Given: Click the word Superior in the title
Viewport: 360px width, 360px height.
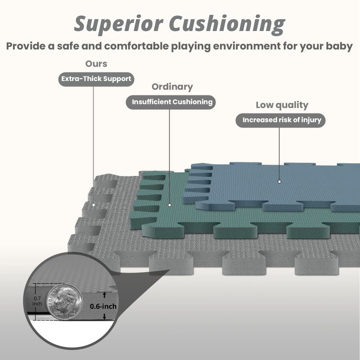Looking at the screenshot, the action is pos(118,24).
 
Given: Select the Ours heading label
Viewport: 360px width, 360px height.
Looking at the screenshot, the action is pos(96,63).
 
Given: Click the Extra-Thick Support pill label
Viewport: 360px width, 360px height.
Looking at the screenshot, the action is pos(96,79).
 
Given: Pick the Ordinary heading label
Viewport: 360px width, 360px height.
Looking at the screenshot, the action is pos(172,87).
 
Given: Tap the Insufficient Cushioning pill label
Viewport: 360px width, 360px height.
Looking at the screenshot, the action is pos(171,102).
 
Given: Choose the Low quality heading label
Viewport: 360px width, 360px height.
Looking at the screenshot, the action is pos(282,105).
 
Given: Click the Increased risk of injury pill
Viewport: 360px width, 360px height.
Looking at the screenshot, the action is pos(280,120).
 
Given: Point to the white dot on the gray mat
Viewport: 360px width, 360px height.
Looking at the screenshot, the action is pos(94,205).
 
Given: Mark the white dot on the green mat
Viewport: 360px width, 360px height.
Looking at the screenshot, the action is pos(170,205).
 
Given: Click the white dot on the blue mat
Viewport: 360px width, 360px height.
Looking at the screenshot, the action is pos(279,182).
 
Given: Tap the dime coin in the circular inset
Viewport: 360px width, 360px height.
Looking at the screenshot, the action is pos(64,302).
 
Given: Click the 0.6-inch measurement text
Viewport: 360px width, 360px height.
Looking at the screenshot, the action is pos(103,306).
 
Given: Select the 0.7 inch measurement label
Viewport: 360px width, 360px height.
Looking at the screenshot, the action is pos(37,301).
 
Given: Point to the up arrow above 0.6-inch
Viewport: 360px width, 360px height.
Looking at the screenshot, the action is pos(104,295).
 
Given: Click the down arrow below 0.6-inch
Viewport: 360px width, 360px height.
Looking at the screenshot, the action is pos(104,316).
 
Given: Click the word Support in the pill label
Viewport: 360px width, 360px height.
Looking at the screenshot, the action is pos(117,79).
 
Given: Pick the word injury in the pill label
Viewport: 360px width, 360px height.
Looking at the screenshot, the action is pos(311,120).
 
